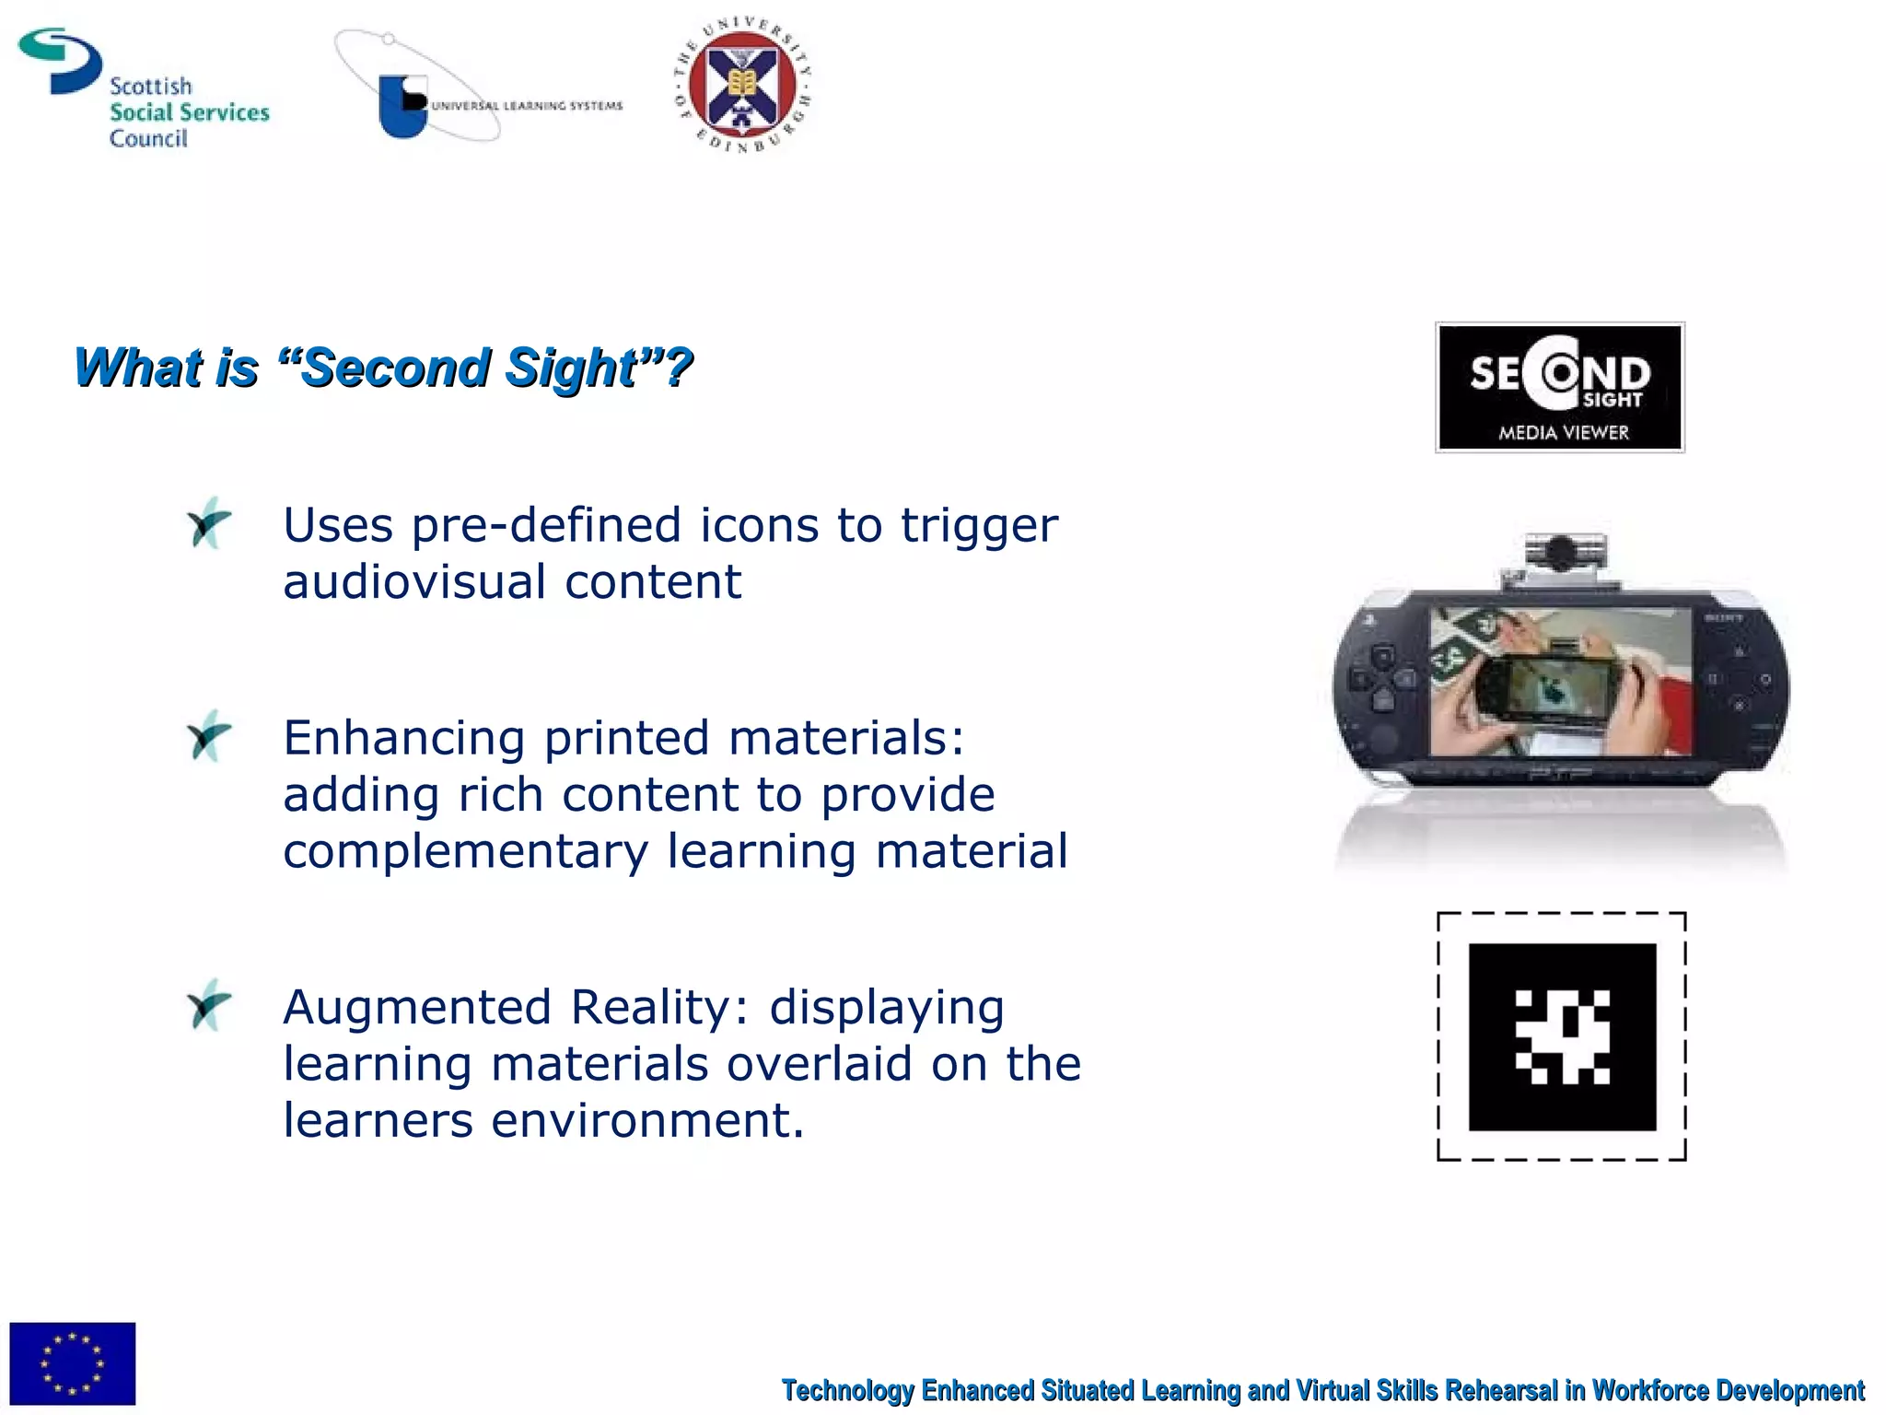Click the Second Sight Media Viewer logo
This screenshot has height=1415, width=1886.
tap(1560, 387)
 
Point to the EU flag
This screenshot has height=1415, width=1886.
tap(72, 1363)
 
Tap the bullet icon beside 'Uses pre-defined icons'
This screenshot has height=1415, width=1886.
tap(209, 524)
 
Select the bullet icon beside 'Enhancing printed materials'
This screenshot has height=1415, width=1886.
tap(209, 737)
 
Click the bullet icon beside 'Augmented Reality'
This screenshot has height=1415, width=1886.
tap(209, 1006)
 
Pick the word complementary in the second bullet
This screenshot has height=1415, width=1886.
tap(465, 852)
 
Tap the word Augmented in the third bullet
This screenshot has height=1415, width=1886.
tap(417, 1008)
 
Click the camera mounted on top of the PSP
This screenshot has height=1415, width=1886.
tap(1560, 555)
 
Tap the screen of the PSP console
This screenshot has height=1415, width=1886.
tap(1560, 682)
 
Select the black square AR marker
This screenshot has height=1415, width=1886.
tap(1562, 1036)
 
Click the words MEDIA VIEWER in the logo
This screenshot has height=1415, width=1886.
tap(1563, 433)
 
